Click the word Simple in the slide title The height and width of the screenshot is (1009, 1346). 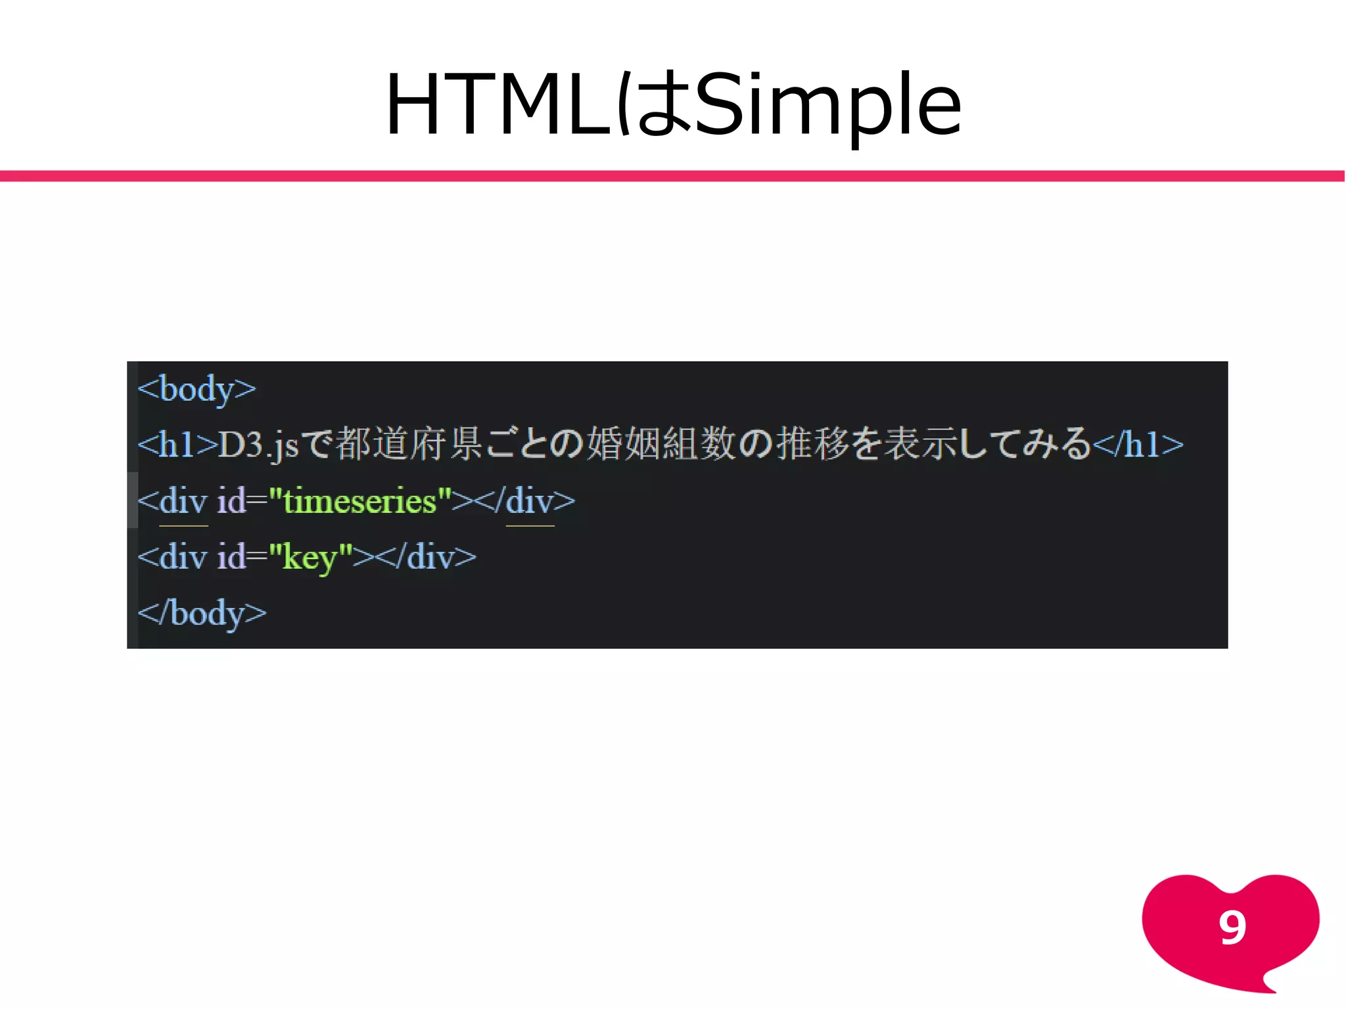click(828, 105)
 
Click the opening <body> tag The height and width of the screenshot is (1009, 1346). click(197, 389)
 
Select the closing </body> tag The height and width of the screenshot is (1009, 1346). click(202, 613)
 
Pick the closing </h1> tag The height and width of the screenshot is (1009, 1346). click(1138, 445)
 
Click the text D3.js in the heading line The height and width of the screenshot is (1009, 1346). click(258, 445)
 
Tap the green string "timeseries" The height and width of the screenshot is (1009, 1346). click(360, 501)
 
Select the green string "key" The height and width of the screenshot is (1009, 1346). click(310, 557)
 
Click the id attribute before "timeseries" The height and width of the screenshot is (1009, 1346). click(231, 501)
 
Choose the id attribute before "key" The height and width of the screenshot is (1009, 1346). click(231, 557)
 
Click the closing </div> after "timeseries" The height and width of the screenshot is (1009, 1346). click(524, 501)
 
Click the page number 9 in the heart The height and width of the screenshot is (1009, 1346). click(1232, 928)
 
